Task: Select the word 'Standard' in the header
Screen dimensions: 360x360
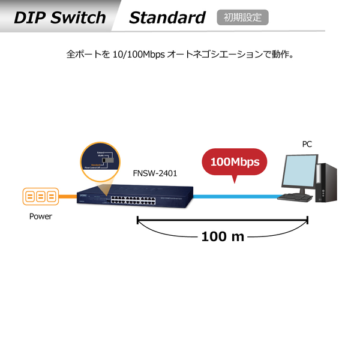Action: pyautogui.click(x=167, y=17)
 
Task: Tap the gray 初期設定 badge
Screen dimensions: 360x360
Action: pyautogui.click(x=242, y=17)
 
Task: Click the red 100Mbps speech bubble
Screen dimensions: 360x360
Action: pyautogui.click(x=235, y=162)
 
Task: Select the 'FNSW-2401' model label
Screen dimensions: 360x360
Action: pyautogui.click(x=155, y=173)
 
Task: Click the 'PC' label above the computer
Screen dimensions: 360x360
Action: pyautogui.click(x=307, y=144)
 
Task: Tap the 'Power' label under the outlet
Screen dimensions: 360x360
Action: pyautogui.click(x=41, y=217)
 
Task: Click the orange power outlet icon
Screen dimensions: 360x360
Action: pyautogui.click(x=40, y=197)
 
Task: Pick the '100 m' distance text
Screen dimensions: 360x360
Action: pyautogui.click(x=223, y=236)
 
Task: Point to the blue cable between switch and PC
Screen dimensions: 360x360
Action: pyautogui.click(x=234, y=197)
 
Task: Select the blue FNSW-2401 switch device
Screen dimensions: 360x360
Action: pyautogui.click(x=135, y=197)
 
